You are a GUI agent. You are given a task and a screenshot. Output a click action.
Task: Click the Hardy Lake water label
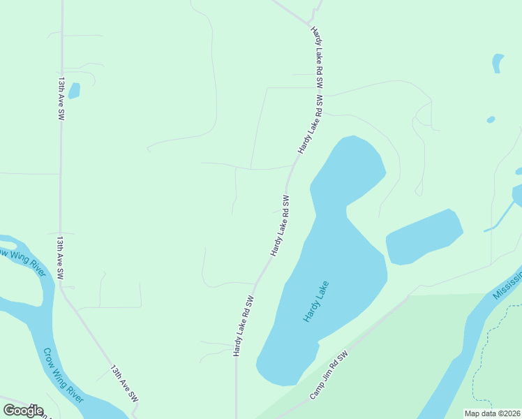(x=315, y=301)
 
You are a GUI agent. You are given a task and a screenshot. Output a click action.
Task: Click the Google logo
(x=23, y=411)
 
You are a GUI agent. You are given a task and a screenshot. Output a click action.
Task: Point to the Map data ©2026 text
(x=492, y=413)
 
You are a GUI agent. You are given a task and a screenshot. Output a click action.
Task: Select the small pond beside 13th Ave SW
(x=74, y=91)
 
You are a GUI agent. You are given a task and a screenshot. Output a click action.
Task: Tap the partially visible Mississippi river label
(x=508, y=282)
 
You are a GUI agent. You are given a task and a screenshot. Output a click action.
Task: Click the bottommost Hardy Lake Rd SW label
(x=243, y=326)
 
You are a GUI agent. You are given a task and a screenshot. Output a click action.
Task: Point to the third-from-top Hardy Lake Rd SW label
(x=280, y=226)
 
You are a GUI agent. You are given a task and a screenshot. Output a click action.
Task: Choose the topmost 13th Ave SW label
(x=61, y=98)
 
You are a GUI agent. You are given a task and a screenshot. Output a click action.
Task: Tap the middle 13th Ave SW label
(x=61, y=258)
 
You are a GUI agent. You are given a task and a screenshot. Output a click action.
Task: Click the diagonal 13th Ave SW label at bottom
(x=124, y=383)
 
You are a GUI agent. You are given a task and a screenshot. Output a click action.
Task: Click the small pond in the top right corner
(x=498, y=63)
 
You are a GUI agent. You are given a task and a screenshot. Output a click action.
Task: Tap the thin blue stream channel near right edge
(x=501, y=215)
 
